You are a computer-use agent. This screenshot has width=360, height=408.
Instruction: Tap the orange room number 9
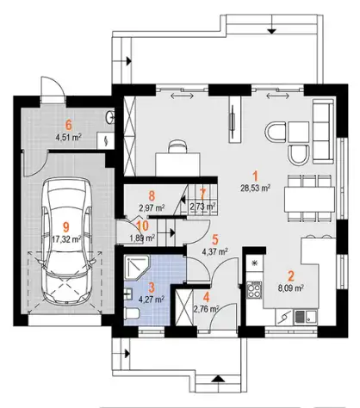(x=66, y=227)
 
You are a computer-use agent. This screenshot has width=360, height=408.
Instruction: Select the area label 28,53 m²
(x=256, y=188)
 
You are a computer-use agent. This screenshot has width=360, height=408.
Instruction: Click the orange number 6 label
(x=68, y=125)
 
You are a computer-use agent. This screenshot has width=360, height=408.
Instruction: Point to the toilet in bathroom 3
(x=132, y=313)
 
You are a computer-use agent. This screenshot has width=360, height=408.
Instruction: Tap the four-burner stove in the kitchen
(x=254, y=289)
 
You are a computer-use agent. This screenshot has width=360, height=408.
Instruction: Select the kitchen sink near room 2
(x=306, y=317)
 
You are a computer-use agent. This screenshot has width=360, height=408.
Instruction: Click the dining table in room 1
(x=309, y=199)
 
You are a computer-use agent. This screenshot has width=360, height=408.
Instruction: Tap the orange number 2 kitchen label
(x=291, y=276)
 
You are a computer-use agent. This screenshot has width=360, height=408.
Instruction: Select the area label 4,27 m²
(x=152, y=300)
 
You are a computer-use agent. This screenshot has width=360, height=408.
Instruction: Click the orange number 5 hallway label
(x=215, y=239)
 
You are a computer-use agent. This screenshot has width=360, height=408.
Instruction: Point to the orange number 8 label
(x=152, y=196)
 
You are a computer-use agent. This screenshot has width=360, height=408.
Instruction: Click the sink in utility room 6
(x=110, y=117)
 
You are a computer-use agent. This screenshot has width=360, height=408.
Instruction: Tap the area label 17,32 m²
(x=67, y=238)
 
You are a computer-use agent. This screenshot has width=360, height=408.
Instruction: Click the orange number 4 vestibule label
(x=206, y=296)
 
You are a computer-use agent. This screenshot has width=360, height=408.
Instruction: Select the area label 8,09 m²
(x=291, y=287)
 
